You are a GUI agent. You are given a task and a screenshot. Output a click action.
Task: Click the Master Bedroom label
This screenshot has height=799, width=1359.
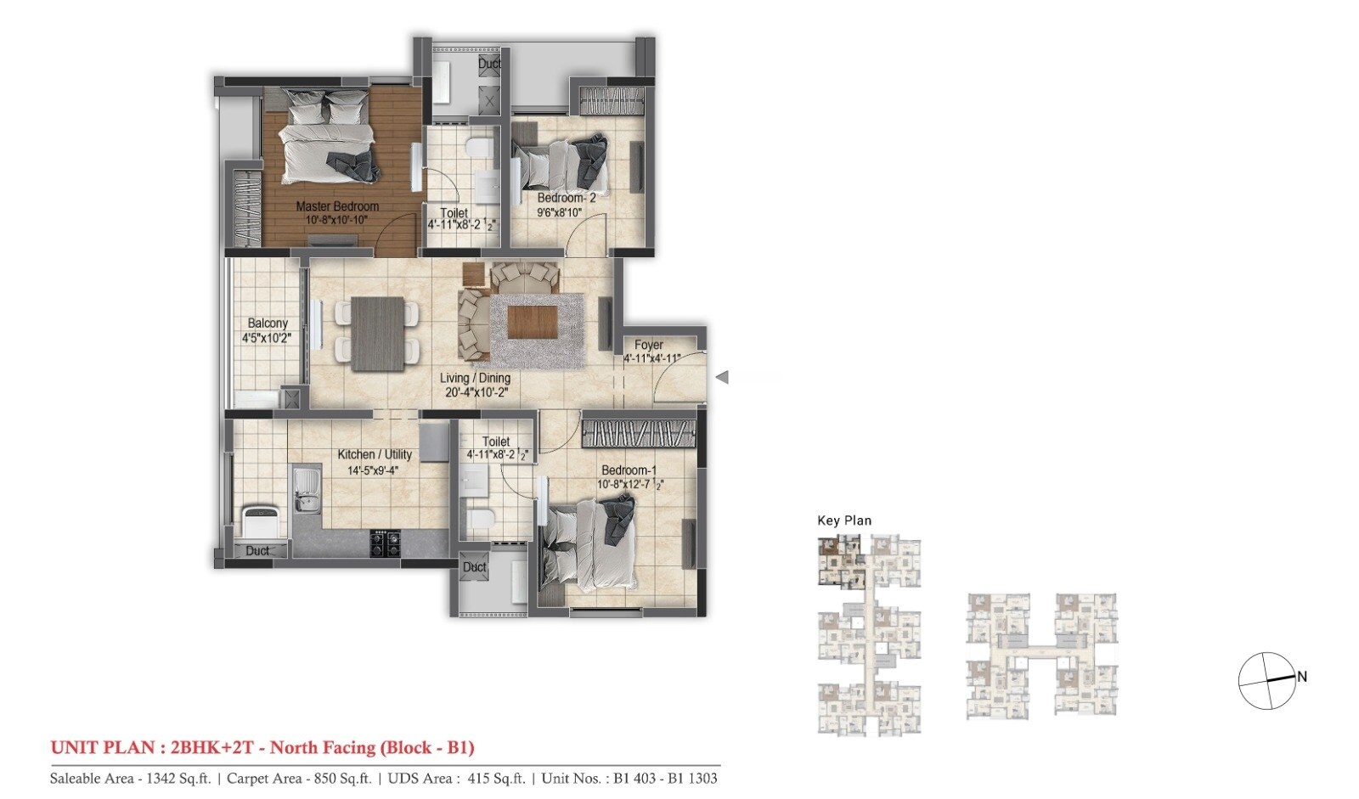coord(337,206)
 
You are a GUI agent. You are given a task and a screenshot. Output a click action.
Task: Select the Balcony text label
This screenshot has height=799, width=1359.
coord(268,324)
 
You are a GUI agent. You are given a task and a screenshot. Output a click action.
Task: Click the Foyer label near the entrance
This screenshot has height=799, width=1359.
coord(649,345)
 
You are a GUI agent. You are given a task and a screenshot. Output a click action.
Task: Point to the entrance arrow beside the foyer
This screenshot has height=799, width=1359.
coord(723,378)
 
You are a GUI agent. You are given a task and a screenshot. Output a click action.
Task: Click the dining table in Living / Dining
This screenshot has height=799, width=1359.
coord(377,332)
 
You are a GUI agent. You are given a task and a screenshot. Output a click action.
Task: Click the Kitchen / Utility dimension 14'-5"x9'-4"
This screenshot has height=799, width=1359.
coord(374,470)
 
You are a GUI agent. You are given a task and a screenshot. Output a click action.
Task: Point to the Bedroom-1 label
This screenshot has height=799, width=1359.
coord(629,470)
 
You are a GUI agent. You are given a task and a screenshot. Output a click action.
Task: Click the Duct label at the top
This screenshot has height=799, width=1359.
coord(489,64)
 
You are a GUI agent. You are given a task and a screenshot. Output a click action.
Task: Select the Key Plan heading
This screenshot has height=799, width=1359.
coord(843,520)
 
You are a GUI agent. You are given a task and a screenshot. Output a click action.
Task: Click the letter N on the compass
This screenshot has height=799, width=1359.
coord(1301,677)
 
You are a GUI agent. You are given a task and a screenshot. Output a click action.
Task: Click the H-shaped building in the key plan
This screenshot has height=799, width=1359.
coord(1041,655)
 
